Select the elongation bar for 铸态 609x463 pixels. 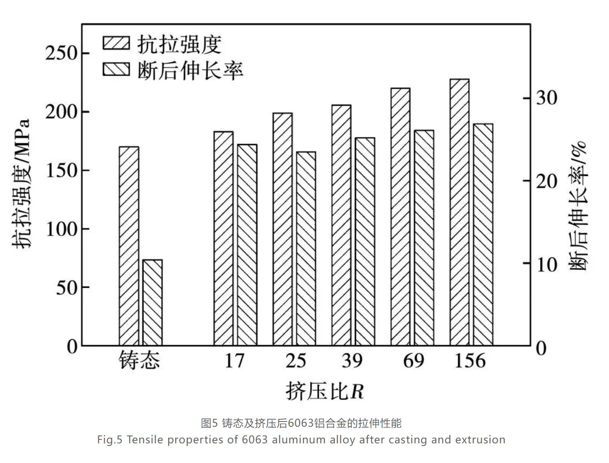tap(152, 303)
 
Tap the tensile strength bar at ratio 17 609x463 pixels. tap(223, 238)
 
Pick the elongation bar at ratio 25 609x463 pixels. tap(306, 249)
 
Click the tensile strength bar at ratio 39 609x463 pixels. tap(341, 225)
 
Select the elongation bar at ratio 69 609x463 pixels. tap(424, 238)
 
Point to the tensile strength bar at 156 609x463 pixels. tap(459, 212)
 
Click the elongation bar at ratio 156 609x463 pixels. tap(483, 235)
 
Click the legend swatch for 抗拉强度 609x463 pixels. tap(116, 43)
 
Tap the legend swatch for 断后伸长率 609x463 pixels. tap(116, 69)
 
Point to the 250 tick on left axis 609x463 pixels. tap(61, 53)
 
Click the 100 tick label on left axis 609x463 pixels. tap(61, 229)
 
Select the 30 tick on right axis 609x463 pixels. tap(547, 97)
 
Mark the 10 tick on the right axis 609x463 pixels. tap(547, 263)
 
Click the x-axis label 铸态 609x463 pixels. tap(140, 361)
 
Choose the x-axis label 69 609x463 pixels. tap(413, 361)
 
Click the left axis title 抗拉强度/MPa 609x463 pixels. tap(22, 183)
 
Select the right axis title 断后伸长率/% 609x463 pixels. tap(579, 205)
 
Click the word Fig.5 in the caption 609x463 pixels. tap(110, 439)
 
